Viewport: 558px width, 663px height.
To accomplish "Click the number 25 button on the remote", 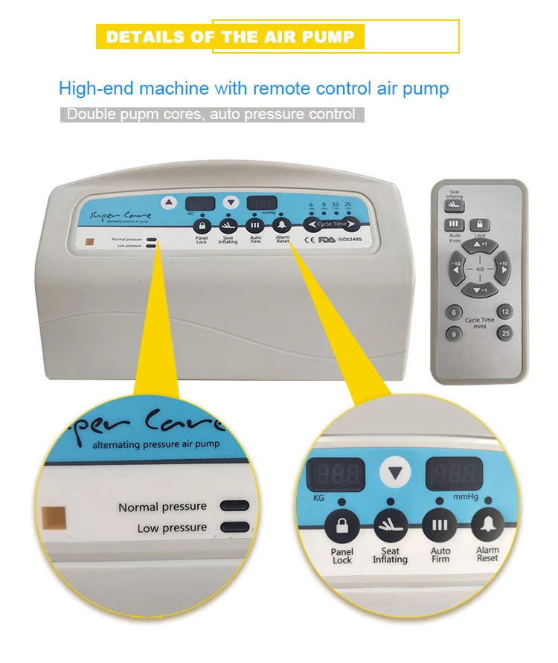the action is [x=506, y=333].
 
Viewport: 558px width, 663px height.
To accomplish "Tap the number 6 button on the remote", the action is [x=452, y=313].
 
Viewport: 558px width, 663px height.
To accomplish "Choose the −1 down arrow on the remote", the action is [x=480, y=289].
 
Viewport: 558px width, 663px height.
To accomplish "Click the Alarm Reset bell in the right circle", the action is [x=488, y=526].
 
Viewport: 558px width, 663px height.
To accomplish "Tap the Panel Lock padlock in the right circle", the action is [x=343, y=526].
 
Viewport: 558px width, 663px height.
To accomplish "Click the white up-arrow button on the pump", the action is [x=170, y=202].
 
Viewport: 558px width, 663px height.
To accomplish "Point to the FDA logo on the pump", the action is [x=327, y=240].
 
